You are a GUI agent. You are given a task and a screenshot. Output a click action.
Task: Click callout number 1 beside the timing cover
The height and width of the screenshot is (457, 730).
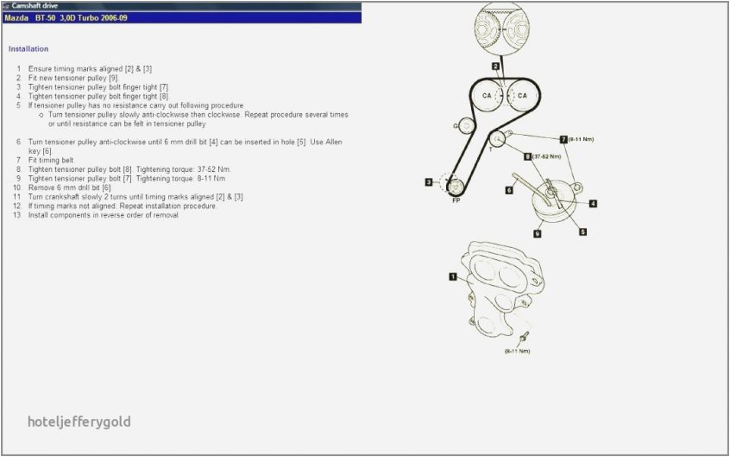[452, 276]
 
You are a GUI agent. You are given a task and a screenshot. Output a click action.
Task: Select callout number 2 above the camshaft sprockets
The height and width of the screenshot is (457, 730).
[495, 66]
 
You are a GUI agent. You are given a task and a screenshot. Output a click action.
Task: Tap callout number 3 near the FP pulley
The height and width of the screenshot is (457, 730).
[428, 181]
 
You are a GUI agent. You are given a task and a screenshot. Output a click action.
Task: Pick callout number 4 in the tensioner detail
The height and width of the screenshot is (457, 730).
[594, 204]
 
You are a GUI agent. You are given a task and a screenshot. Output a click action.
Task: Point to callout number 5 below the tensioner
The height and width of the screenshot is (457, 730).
[583, 232]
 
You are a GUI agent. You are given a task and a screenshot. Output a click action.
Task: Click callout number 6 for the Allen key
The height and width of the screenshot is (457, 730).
[509, 189]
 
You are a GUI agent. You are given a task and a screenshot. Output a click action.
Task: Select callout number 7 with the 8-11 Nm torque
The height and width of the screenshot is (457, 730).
[563, 138]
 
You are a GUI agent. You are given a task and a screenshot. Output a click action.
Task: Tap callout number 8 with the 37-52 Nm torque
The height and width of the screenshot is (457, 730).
[527, 156]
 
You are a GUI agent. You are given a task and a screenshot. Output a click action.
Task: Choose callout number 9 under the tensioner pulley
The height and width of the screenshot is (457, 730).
[537, 233]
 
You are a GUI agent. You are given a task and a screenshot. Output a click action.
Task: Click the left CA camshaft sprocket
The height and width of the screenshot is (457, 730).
[487, 95]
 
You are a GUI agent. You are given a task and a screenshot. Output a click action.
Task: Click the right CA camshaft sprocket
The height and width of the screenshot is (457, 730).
[521, 95]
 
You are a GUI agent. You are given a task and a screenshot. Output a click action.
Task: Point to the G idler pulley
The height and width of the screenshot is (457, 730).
[464, 127]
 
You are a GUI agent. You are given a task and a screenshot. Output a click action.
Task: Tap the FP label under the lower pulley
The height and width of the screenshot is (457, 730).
[456, 200]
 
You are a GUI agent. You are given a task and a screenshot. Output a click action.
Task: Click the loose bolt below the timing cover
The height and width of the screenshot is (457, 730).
[523, 337]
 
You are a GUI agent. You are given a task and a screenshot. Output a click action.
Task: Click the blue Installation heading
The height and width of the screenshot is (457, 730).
[28, 49]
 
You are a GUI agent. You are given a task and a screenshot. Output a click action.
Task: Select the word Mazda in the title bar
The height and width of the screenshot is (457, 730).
[16, 17]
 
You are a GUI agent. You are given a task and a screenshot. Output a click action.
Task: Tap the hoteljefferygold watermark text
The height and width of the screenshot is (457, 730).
[79, 422]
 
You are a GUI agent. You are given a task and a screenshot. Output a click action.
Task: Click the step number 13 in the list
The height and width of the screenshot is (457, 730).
[16, 215]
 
